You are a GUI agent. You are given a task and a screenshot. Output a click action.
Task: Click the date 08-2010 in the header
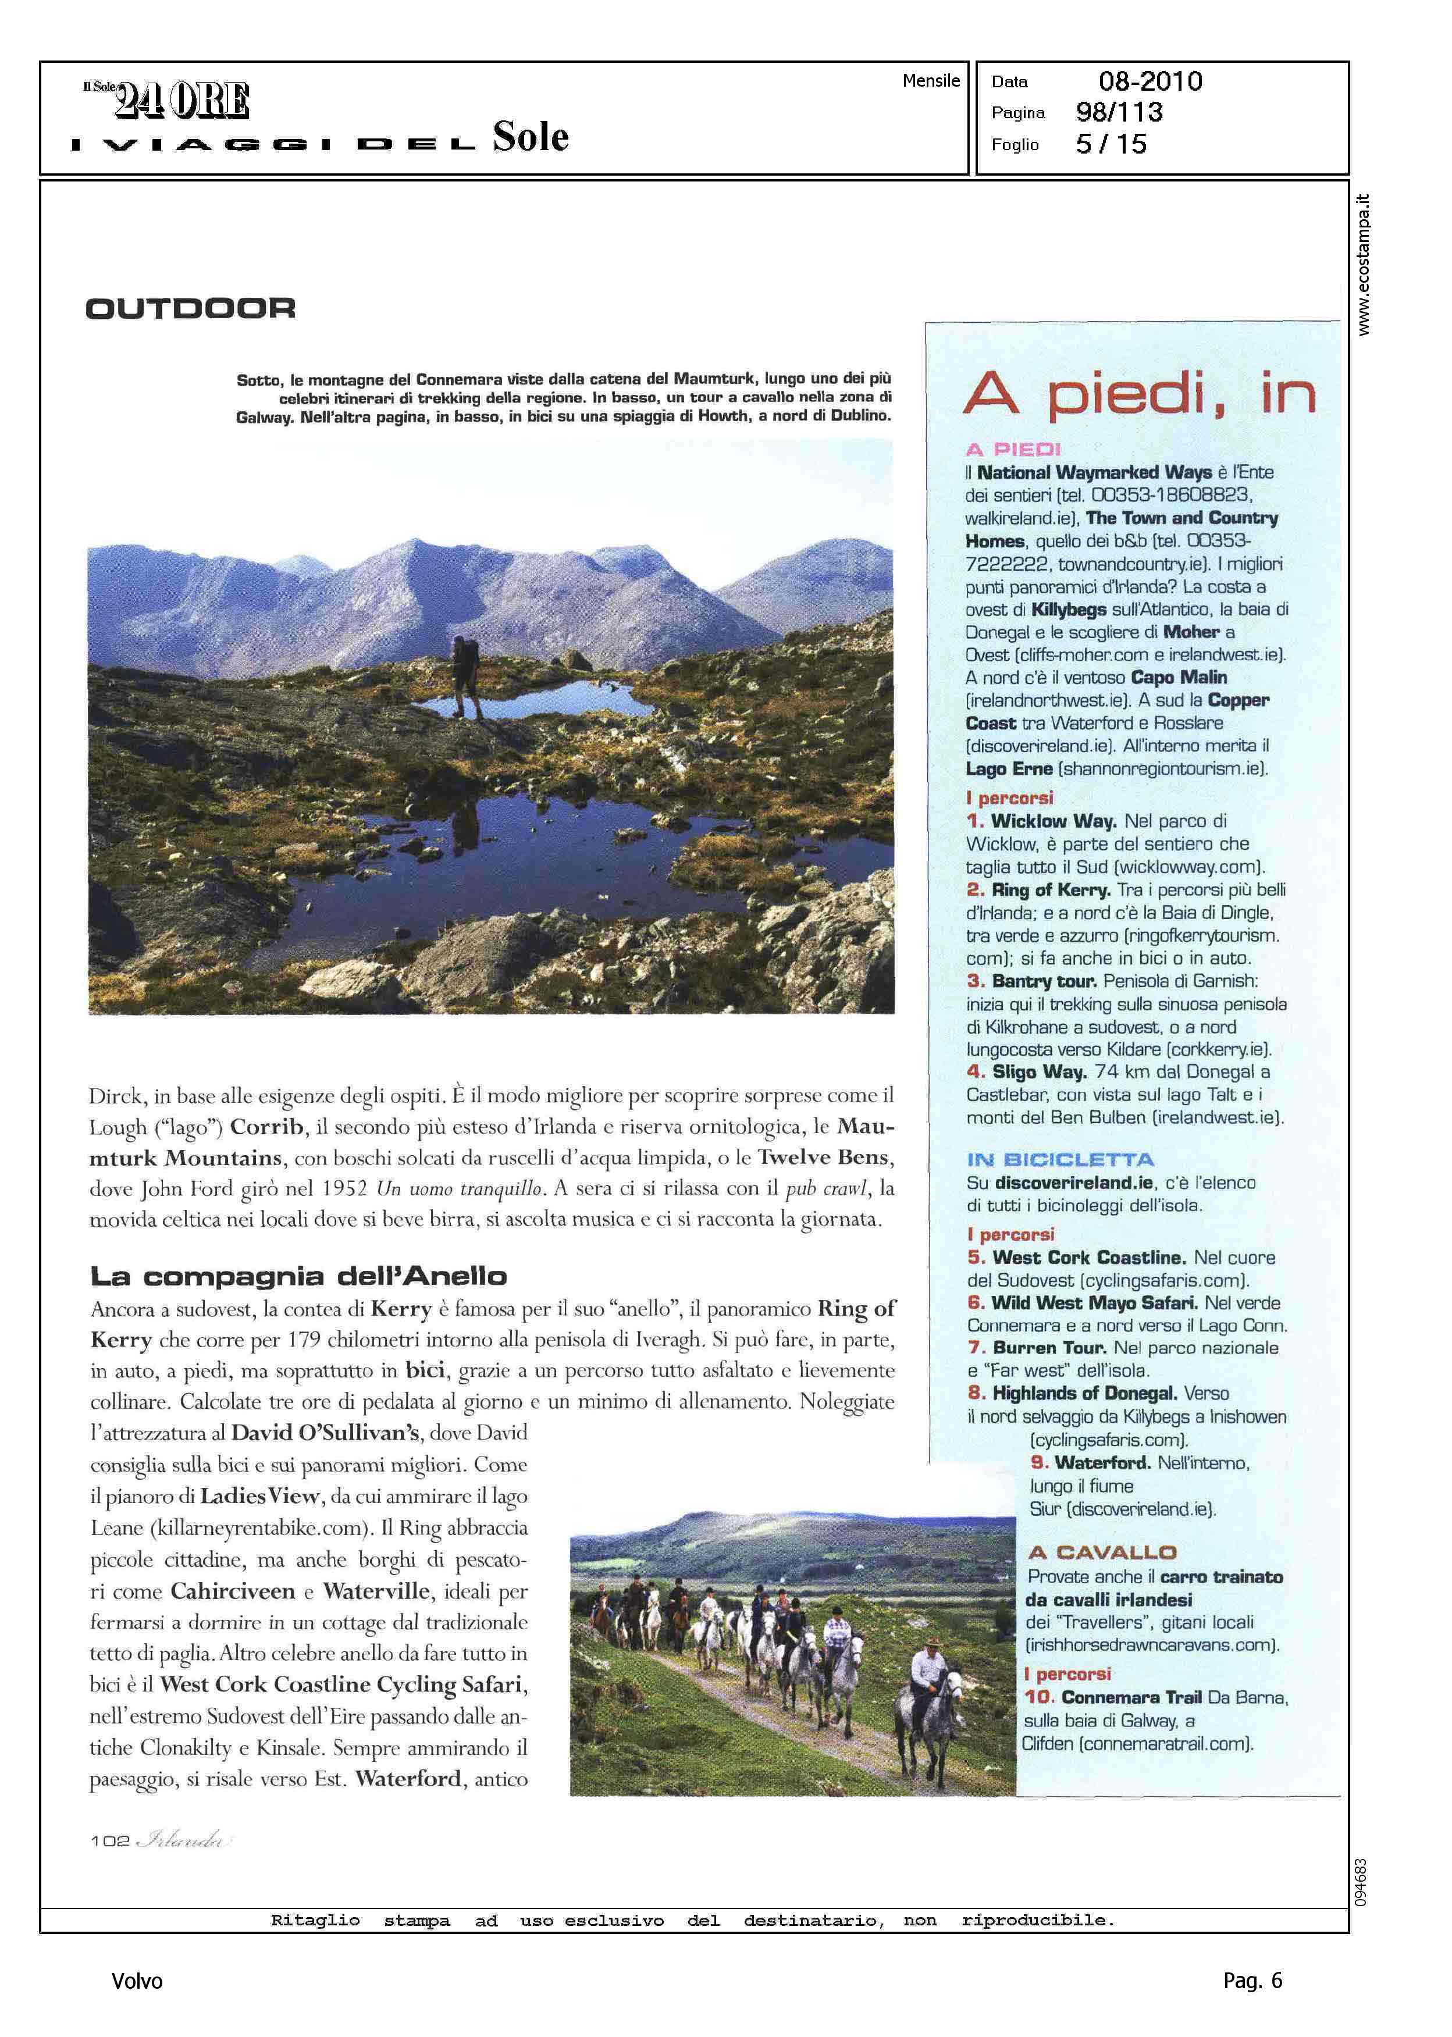coord(1150,81)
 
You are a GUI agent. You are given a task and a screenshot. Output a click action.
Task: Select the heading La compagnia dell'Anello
coord(298,1276)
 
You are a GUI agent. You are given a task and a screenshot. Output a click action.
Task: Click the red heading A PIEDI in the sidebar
coord(1013,450)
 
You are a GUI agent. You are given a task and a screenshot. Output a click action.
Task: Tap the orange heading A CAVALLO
coord(1102,1552)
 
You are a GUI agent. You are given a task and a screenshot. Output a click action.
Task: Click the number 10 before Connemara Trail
coord(1039,1697)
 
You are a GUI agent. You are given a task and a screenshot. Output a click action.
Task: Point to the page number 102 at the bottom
coord(110,1840)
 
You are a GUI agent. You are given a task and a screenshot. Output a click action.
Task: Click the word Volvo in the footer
coord(137,1981)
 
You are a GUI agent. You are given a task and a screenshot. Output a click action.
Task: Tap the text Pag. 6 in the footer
coord(1252,1980)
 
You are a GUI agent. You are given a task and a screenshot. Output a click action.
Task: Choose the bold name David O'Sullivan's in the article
coord(325,1433)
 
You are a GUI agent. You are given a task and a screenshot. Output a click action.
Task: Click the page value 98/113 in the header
coord(1119,113)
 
